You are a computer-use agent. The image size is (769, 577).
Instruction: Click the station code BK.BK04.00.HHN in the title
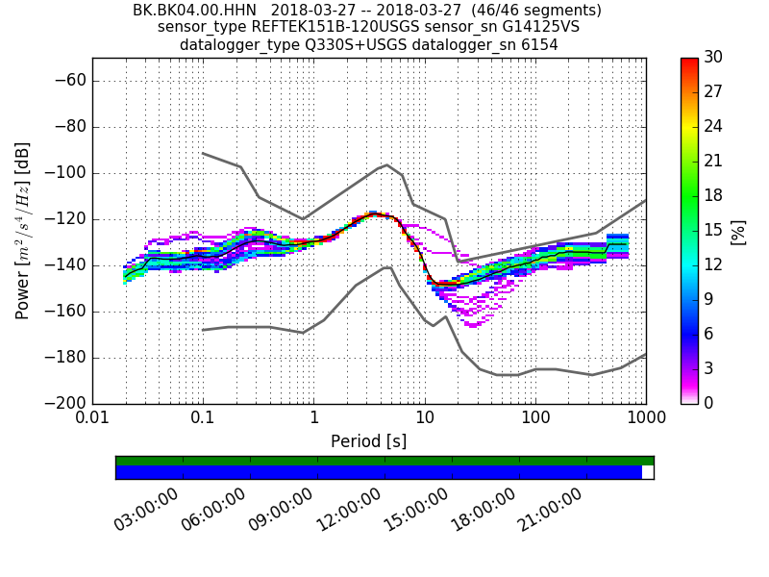click(x=194, y=11)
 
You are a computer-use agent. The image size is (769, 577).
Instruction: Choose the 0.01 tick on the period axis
click(x=92, y=418)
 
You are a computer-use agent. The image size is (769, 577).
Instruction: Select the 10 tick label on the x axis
click(x=425, y=418)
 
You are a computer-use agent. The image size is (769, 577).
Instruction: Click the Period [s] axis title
click(x=369, y=441)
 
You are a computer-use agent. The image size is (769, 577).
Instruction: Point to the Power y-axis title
click(x=23, y=231)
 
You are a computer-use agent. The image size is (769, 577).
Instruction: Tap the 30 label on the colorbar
click(x=713, y=58)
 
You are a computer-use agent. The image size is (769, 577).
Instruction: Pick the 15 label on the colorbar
click(x=713, y=231)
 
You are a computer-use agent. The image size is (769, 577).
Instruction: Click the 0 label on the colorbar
click(x=708, y=403)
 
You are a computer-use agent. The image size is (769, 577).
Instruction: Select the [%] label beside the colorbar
click(x=738, y=231)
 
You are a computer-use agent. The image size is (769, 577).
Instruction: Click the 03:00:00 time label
click(x=146, y=509)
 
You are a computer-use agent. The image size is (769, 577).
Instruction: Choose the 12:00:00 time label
click(x=348, y=509)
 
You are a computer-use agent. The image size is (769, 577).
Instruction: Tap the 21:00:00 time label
click(x=550, y=509)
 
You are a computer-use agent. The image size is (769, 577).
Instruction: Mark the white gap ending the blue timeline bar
click(x=648, y=472)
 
